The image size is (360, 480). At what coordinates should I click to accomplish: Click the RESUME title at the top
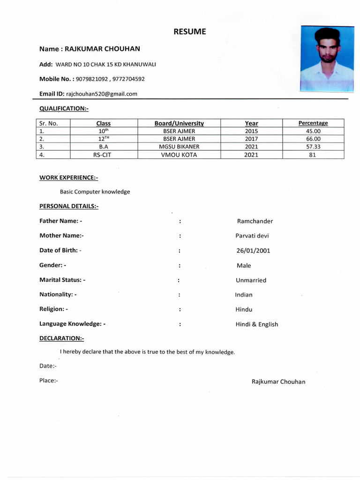189,32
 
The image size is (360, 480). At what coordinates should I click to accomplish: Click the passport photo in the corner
327,59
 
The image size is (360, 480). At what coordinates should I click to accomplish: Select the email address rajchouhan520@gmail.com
102,94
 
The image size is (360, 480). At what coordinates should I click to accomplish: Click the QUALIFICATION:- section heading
64,109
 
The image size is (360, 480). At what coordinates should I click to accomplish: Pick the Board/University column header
179,123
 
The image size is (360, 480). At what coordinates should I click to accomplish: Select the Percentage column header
313,123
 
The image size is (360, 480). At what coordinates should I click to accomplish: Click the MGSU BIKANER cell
179,147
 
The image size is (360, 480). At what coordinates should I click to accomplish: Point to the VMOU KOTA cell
179,155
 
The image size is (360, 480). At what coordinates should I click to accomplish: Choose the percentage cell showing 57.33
313,147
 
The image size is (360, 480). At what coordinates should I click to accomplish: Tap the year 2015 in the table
251,131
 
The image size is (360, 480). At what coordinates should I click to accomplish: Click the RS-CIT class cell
102,155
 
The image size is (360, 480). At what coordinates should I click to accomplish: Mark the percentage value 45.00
313,131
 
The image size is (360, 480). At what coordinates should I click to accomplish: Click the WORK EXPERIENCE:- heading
68,178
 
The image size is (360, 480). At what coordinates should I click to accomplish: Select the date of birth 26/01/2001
253,251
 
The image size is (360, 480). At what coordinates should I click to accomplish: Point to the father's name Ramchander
255,221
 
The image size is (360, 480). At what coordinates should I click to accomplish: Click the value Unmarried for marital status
251,280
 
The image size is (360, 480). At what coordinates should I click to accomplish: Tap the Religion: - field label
53,309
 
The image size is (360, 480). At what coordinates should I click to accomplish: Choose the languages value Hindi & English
256,324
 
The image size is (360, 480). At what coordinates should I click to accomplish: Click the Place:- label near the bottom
48,381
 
